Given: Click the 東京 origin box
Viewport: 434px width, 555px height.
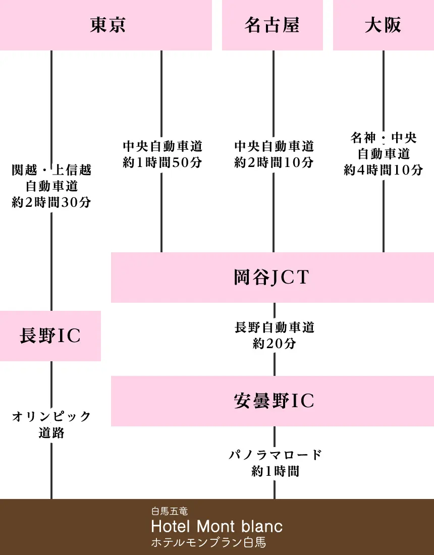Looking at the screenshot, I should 106,25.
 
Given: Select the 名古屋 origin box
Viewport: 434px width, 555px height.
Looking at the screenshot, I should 273,25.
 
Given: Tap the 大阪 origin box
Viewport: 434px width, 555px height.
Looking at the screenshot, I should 383,25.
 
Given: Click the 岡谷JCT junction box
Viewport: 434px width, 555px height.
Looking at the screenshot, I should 273,277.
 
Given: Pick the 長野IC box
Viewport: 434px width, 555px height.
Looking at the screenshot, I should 50,336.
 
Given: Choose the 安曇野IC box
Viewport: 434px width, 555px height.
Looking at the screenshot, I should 273,401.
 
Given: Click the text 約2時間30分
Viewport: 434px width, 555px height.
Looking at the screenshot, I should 51,202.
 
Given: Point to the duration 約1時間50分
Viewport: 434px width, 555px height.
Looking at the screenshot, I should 162,163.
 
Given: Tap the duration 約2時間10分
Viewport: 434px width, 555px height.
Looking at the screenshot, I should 274,163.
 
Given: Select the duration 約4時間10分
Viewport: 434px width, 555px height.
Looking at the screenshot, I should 384,170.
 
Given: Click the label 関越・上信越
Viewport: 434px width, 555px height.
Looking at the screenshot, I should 51,170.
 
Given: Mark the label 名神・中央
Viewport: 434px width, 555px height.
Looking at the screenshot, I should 384,138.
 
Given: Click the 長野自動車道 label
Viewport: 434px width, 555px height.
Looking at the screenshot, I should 274,327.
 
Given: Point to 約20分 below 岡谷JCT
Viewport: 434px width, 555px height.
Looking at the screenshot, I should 274,344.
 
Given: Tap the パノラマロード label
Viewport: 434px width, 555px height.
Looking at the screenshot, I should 275,455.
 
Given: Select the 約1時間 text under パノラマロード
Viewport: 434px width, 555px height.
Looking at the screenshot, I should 275,471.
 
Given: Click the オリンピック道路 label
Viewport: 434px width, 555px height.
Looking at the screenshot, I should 51,424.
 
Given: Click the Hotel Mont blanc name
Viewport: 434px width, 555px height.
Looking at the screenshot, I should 217,527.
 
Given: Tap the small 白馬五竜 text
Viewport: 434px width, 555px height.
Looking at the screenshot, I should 170,512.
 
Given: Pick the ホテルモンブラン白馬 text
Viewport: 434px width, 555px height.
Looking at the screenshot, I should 208,543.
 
